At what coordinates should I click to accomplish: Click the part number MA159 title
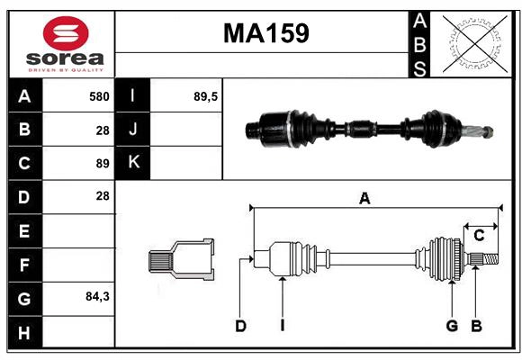[265, 33]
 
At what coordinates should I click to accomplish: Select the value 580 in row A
[98, 95]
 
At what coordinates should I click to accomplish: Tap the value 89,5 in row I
[206, 95]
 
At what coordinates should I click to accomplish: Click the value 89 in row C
[102, 163]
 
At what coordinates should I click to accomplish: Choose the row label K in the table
[133, 163]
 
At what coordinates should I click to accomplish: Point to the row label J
[133, 130]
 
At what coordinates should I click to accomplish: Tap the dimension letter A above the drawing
[364, 199]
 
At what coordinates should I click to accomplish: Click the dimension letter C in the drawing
[480, 235]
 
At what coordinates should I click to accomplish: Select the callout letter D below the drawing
[240, 326]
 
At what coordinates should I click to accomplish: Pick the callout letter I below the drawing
[282, 326]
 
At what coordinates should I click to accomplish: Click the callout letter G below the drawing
[452, 326]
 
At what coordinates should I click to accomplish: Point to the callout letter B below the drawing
[477, 326]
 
